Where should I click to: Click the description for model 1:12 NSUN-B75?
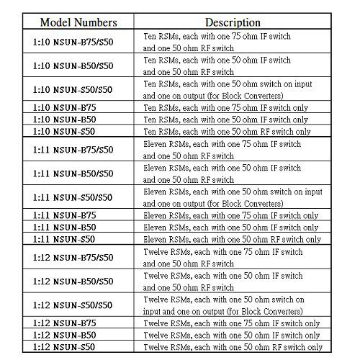tap(232, 323)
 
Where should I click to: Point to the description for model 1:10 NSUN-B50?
tap(232, 119)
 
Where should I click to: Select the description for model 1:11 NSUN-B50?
tap(232, 227)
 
